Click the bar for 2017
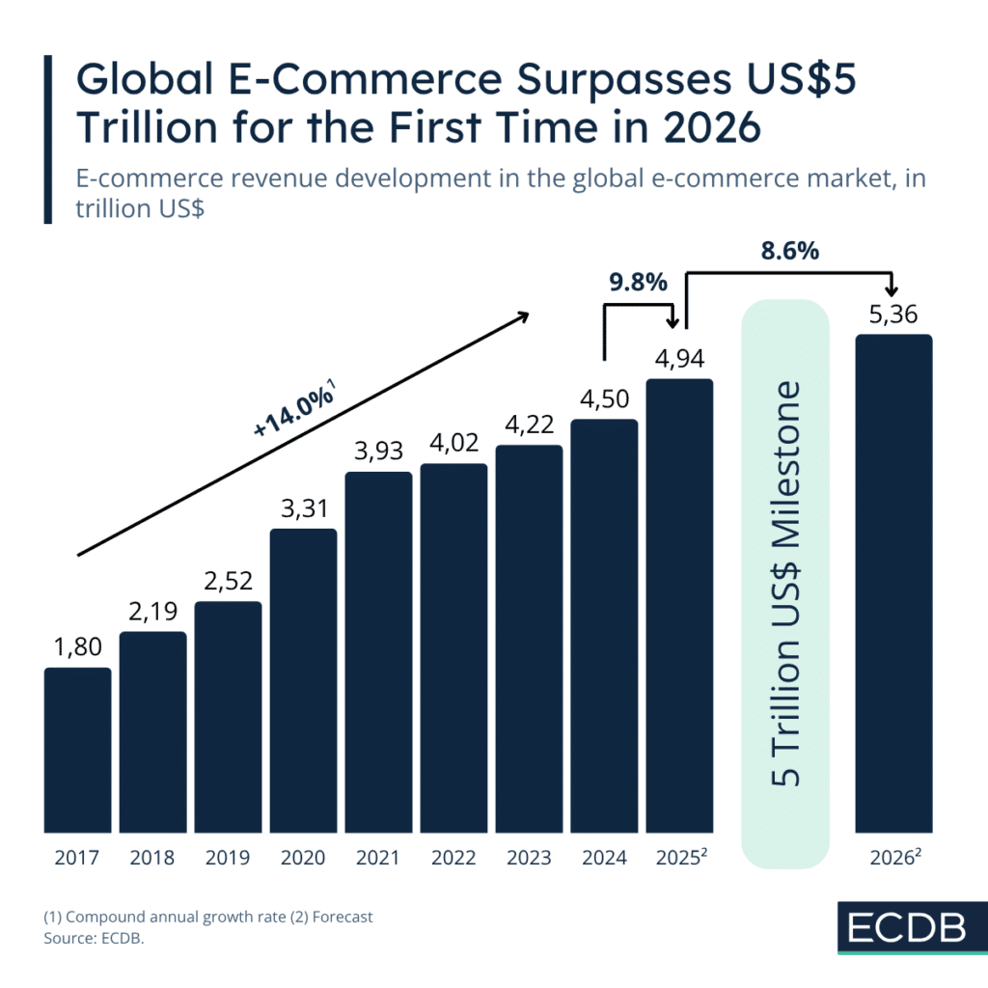(77, 750)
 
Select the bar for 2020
(303, 680)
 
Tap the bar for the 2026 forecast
(893, 583)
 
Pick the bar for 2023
(529, 639)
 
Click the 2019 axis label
(228, 857)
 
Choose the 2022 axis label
(453, 857)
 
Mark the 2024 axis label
(604, 857)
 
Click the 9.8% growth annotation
(637, 283)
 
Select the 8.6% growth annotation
(788, 252)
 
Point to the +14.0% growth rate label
(293, 413)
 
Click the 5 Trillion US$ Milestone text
(786, 585)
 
